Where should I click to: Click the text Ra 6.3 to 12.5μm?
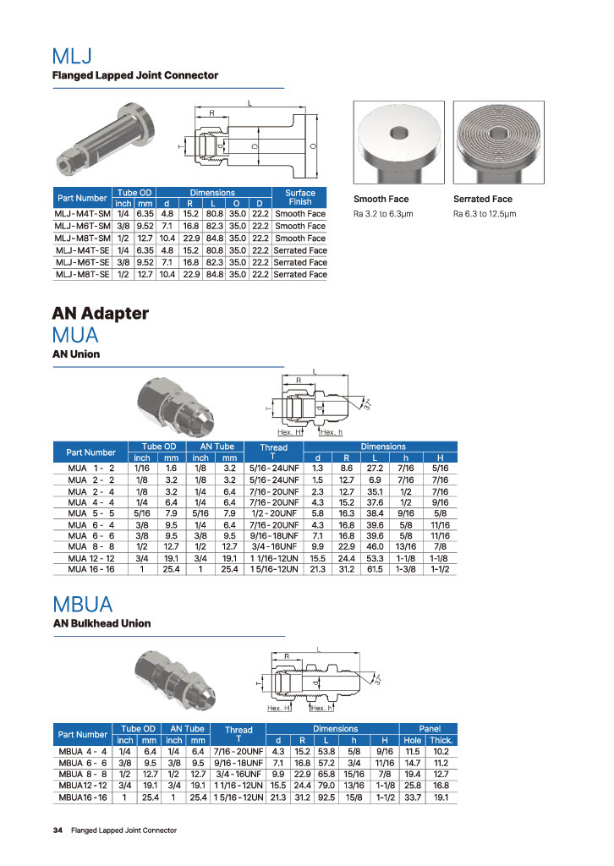pyautogui.click(x=485, y=214)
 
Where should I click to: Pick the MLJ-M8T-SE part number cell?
pyautogui.click(x=82, y=274)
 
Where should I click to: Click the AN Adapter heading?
pyautogui.click(x=101, y=314)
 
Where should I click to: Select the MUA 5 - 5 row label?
pyautogui.click(x=90, y=512)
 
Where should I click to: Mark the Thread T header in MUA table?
pyautogui.click(x=273, y=452)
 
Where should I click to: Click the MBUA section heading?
pyautogui.click(x=82, y=605)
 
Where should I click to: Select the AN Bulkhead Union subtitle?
pyautogui.click(x=101, y=623)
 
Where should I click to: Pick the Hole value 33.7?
pyautogui.click(x=413, y=797)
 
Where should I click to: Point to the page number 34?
pyautogui.click(x=58, y=830)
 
